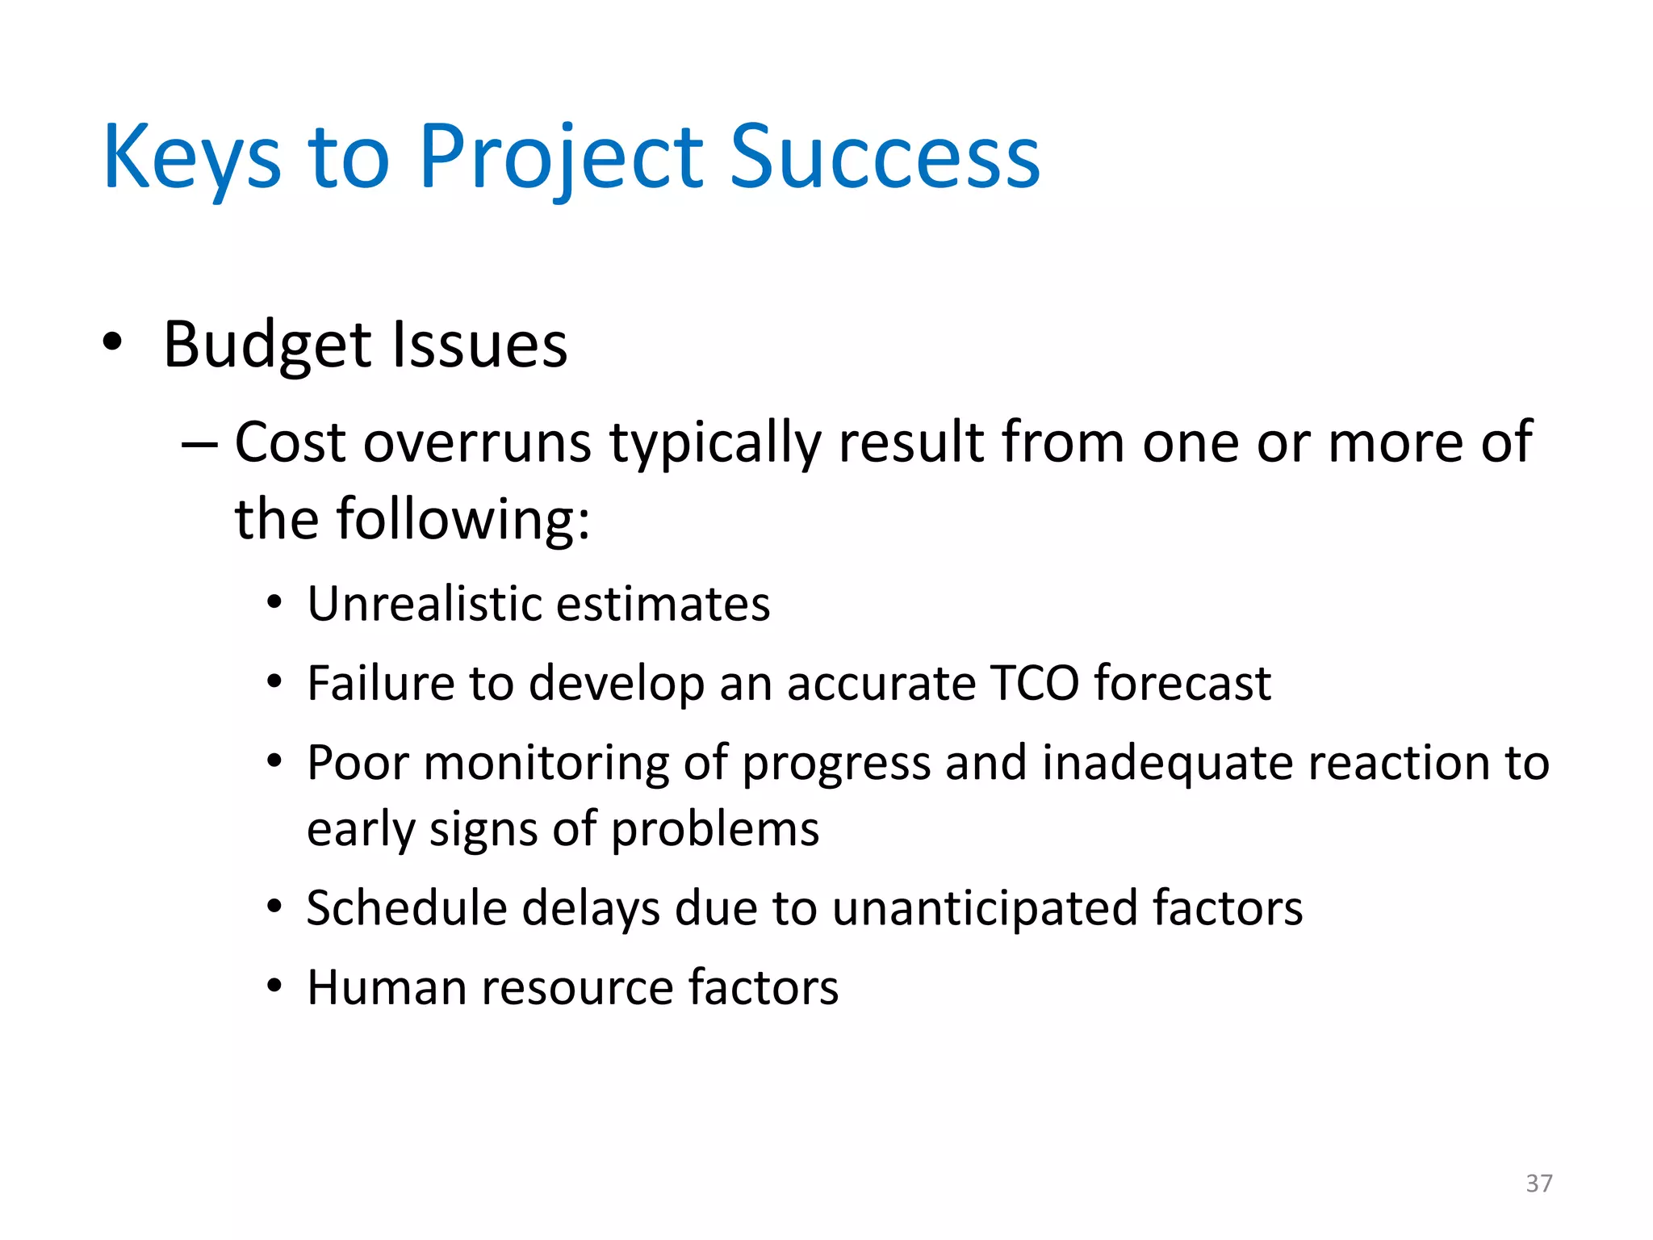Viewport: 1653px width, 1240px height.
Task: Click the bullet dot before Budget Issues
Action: point(113,342)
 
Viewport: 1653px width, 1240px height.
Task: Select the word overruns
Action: point(478,443)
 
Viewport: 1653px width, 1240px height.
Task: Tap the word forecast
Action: point(1182,683)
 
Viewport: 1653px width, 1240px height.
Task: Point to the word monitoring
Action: point(546,763)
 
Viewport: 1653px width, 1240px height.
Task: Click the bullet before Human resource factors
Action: point(275,986)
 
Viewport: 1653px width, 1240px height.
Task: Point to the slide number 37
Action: point(1538,1183)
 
